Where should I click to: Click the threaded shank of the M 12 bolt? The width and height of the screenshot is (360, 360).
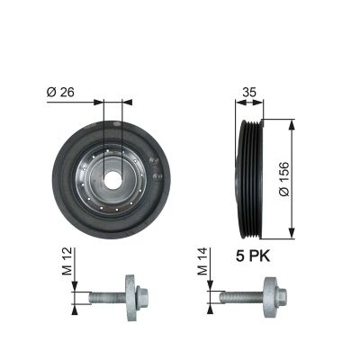pos(106,297)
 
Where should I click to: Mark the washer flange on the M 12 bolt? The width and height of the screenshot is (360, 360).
pos(130,297)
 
